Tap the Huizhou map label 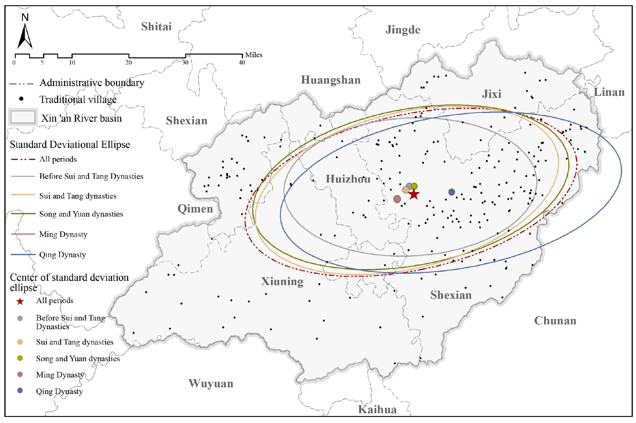click(x=348, y=179)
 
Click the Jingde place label click(x=403, y=30)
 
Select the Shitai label click(x=156, y=26)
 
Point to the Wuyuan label click(x=211, y=384)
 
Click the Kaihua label click(x=377, y=409)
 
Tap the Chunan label click(x=555, y=321)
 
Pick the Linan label click(x=609, y=92)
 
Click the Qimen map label click(x=195, y=208)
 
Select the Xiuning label click(x=282, y=281)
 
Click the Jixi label click(x=492, y=94)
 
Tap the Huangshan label click(x=330, y=80)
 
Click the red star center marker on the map click(x=414, y=194)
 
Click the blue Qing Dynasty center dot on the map click(x=451, y=192)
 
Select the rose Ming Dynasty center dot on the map click(x=397, y=199)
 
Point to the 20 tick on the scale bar click(x=129, y=62)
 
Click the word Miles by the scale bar click(x=253, y=55)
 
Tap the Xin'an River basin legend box click(x=23, y=117)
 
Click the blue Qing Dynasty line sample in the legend click(x=23, y=254)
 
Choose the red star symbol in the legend click(x=20, y=301)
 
